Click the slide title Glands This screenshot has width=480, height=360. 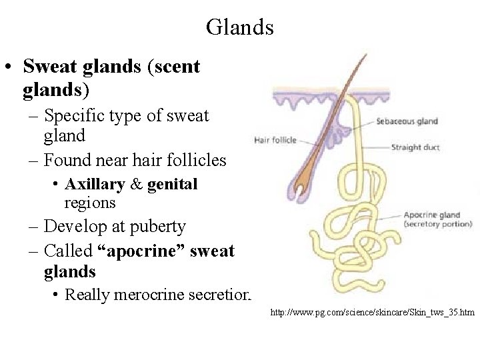tap(239, 27)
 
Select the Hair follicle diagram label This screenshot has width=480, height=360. tap(275, 140)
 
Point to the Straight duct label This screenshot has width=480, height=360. tap(415, 147)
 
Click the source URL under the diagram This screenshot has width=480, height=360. tap(372, 311)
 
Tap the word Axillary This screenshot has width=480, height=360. tap(95, 184)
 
